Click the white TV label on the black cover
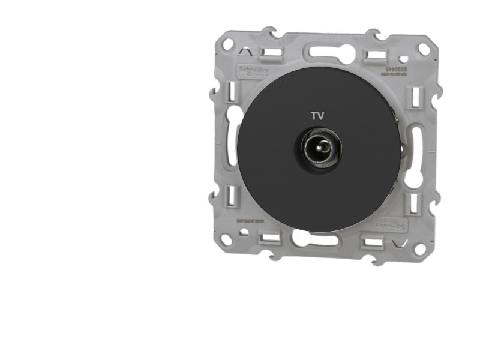point(317,116)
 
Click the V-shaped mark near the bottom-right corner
point(403,243)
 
